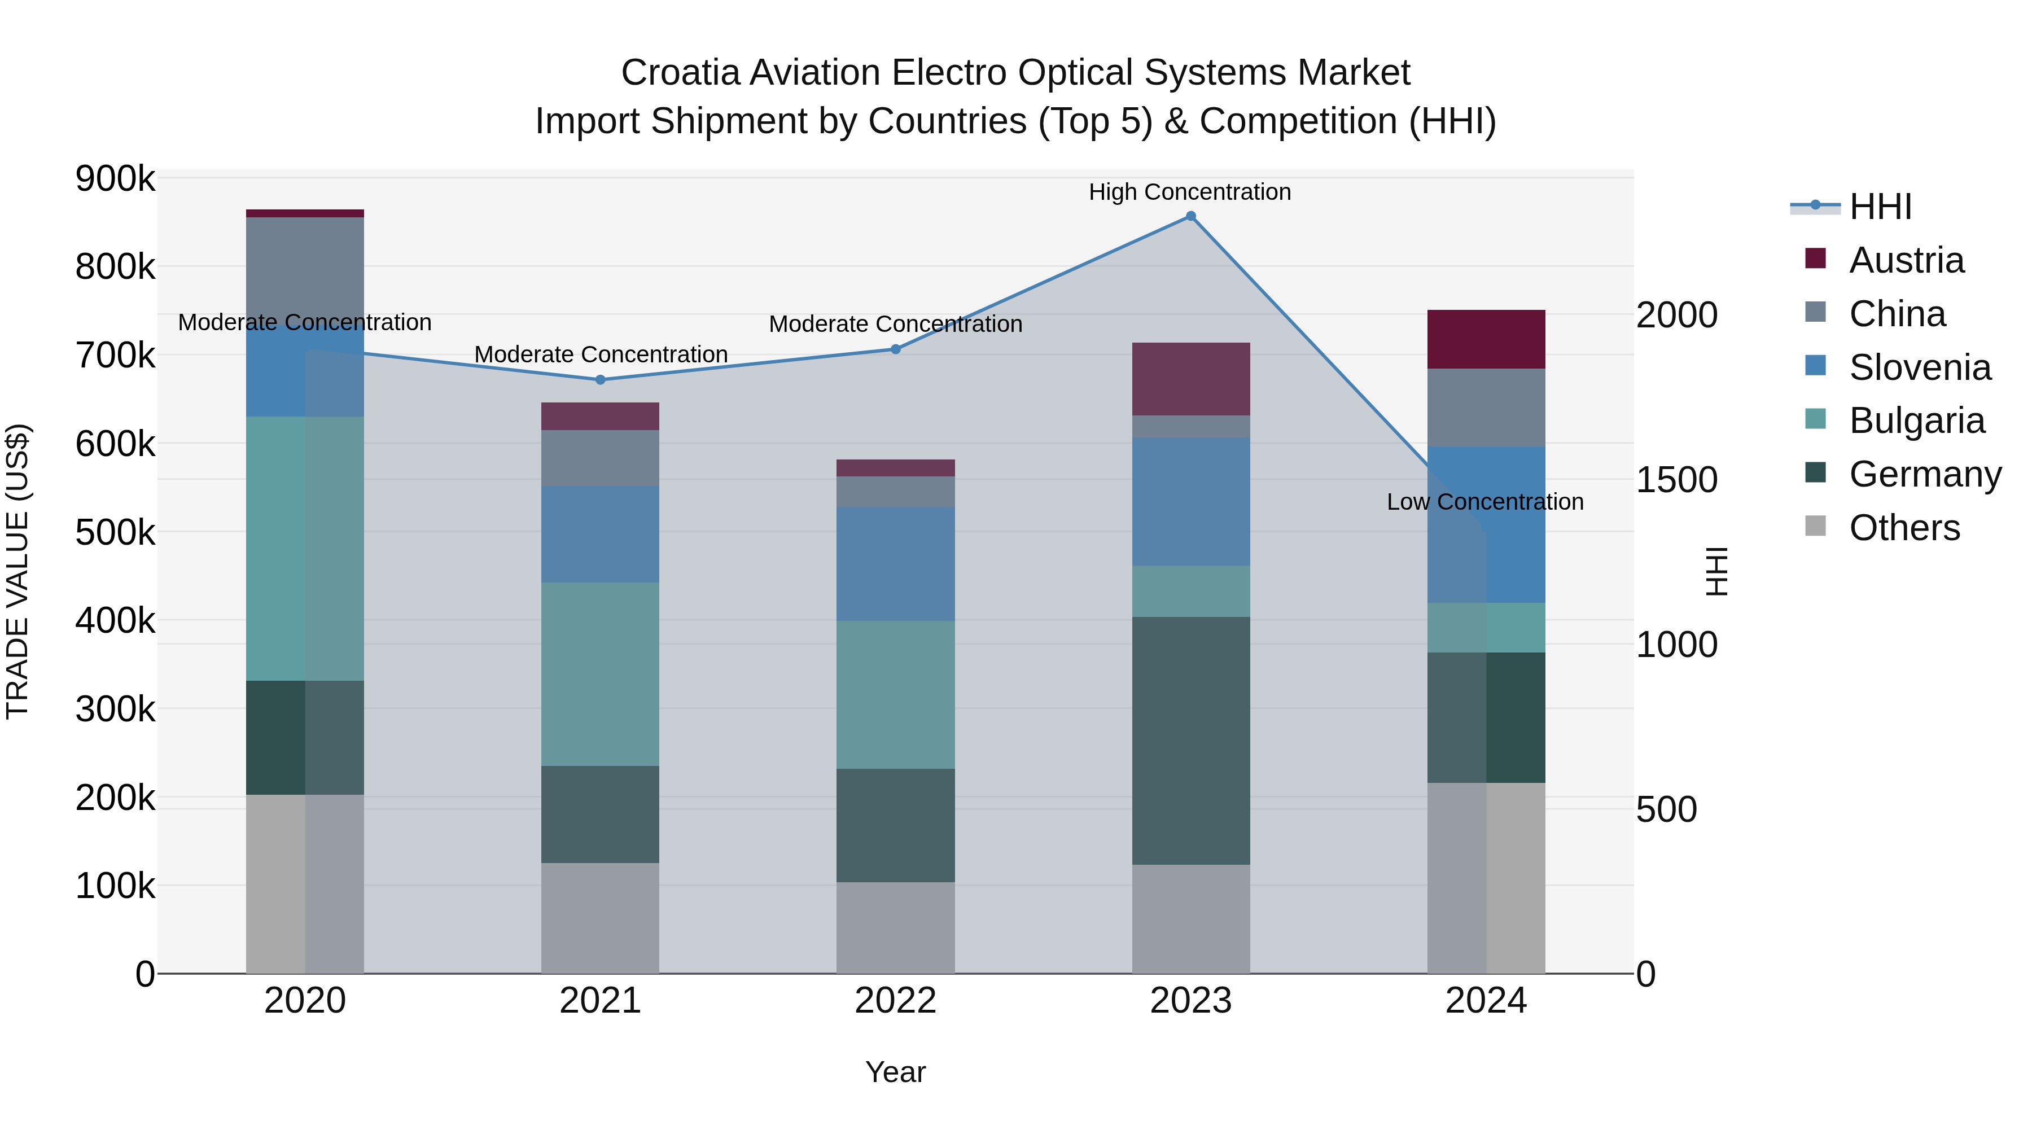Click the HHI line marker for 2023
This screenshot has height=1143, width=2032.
coord(1190,216)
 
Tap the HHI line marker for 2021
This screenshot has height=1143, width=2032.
coord(601,379)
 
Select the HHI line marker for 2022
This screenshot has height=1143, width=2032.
coord(895,349)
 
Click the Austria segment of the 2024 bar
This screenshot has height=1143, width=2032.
coord(1486,339)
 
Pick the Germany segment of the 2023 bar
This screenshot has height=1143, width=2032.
coord(1190,740)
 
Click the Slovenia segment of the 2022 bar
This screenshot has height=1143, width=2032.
coord(895,563)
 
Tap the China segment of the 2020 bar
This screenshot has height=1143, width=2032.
coord(305,268)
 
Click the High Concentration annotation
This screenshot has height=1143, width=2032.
coord(1189,192)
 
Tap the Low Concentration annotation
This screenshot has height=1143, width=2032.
coord(1484,502)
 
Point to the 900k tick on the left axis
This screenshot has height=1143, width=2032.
coord(115,179)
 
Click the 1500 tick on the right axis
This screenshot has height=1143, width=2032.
coord(1676,480)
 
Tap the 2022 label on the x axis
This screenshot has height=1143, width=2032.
coord(895,1000)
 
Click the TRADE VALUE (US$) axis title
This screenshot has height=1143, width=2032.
coord(17,571)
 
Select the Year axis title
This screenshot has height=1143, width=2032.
coord(895,1072)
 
